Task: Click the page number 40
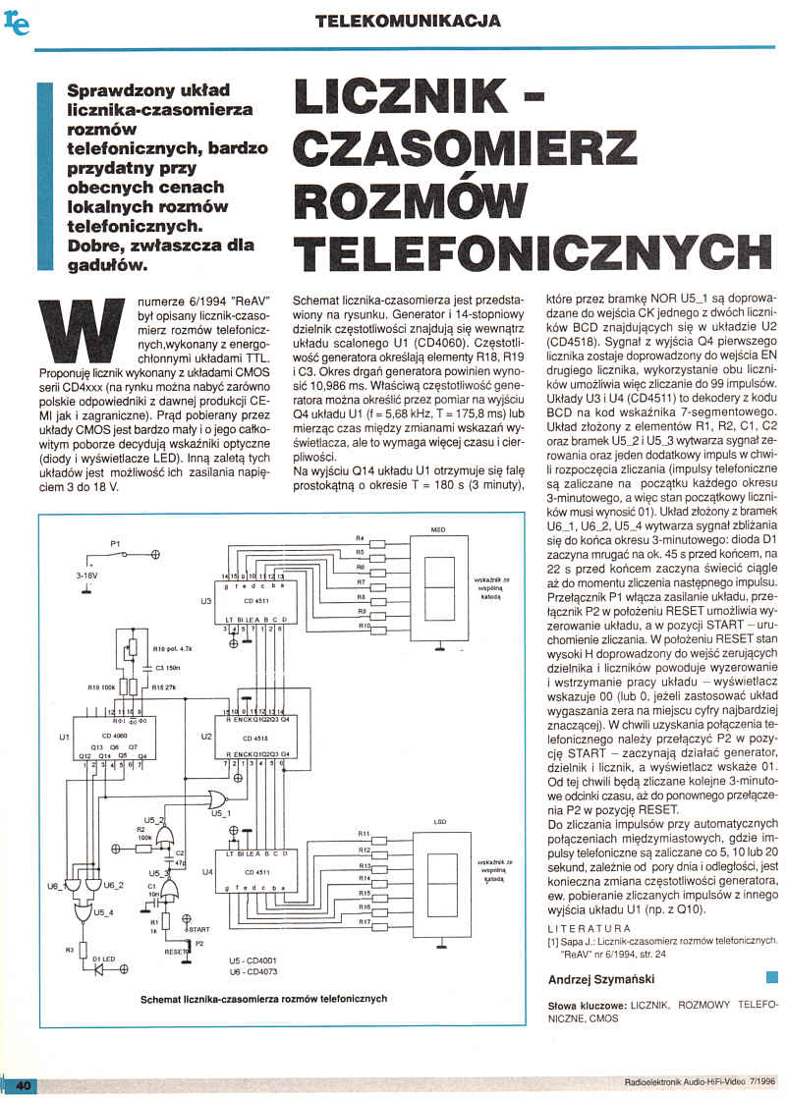22,1084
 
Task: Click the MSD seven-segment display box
437,585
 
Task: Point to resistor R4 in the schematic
360,539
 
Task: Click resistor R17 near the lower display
364,922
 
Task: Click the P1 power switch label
114,543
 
